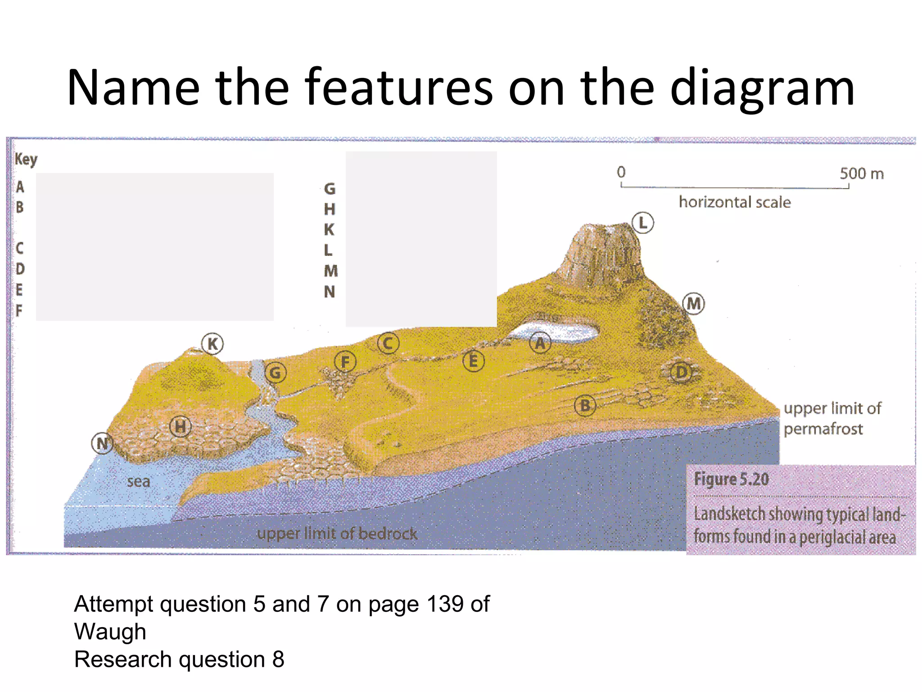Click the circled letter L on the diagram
coord(642,223)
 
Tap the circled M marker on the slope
coord(693,303)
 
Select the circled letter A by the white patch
coord(540,343)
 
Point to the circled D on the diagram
coord(681,373)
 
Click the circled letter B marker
coord(585,406)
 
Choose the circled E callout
coord(473,361)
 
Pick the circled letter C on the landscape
coord(388,344)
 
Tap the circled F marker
coord(345,362)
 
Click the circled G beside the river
coord(275,373)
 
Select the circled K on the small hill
coord(212,344)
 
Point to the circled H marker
coord(180,426)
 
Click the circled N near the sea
coord(102,443)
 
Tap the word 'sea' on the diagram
coord(138,481)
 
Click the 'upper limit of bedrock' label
coord(337,534)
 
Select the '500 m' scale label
coord(861,173)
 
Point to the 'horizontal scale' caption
coord(735,202)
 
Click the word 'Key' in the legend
coord(26,159)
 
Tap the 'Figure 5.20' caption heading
coord(731,479)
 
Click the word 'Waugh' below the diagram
coord(110,631)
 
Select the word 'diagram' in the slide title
coord(762,87)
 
